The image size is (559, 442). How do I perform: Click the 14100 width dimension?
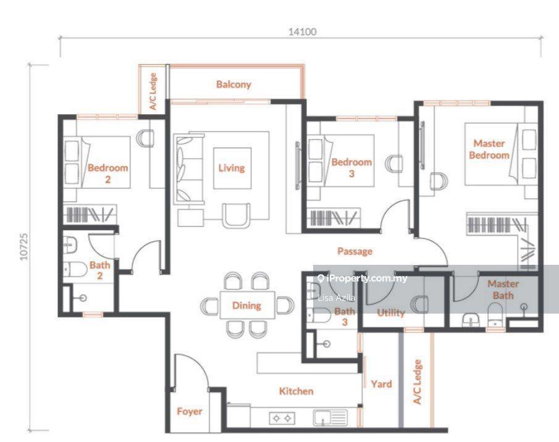click(x=302, y=31)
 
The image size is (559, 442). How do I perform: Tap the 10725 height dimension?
click(x=24, y=247)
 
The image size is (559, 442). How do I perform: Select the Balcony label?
click(x=233, y=85)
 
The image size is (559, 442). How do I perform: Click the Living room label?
click(x=232, y=168)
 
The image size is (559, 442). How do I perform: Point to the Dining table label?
click(x=246, y=305)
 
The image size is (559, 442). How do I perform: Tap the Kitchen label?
click(x=296, y=391)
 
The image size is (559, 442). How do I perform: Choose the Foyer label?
click(x=189, y=411)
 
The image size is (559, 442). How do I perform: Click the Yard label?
click(x=381, y=384)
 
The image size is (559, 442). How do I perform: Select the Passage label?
click(x=355, y=251)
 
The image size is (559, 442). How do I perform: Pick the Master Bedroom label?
click(x=489, y=149)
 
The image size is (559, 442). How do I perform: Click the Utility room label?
click(x=391, y=313)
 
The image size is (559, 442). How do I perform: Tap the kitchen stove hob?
click(x=282, y=418)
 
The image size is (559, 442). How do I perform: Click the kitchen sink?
click(x=330, y=418)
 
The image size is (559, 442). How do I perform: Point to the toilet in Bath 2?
click(x=75, y=270)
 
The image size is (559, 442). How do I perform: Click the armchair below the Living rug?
click(x=236, y=215)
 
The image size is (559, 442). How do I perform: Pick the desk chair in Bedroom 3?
click(x=394, y=164)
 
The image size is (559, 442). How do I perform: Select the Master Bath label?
click(x=503, y=290)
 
